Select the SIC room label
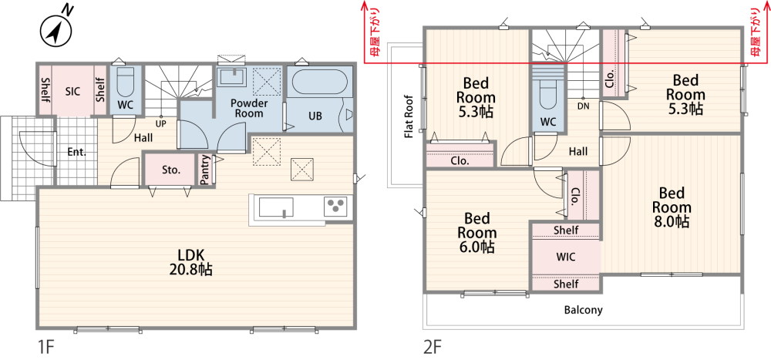tap(73, 90)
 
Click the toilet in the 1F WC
tap(126, 83)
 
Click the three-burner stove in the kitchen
tap(336, 206)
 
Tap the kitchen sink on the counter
tap(276, 207)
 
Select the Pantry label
tap(206, 170)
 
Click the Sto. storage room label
tap(171, 170)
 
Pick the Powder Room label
tap(249, 108)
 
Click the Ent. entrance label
tap(76, 152)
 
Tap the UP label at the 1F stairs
tap(160, 124)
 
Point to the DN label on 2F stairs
tap(583, 106)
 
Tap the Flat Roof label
tap(408, 116)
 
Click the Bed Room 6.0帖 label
tap(476, 232)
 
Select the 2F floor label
tap(433, 347)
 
